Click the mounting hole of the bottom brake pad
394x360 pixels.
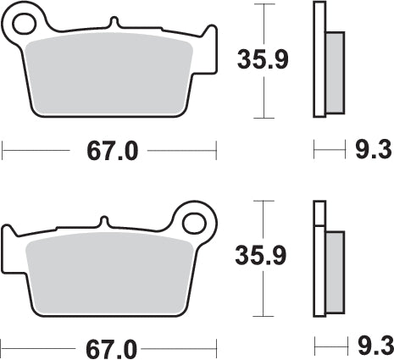[196, 224]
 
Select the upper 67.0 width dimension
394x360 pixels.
[111, 151]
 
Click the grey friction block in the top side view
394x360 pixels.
[335, 72]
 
